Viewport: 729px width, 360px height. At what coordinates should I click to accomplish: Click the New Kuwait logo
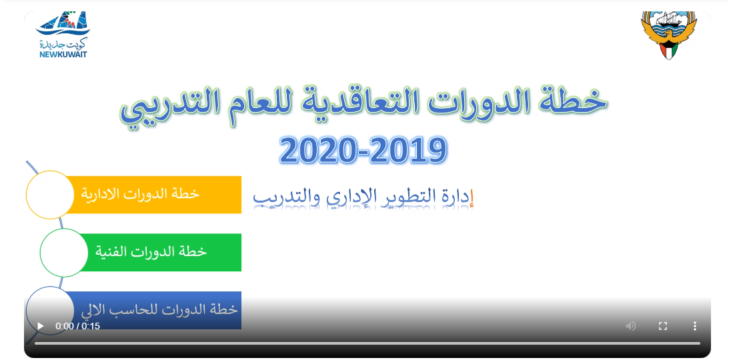pyautogui.click(x=62, y=35)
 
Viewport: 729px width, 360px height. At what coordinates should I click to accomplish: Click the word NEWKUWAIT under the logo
pyautogui.click(x=63, y=54)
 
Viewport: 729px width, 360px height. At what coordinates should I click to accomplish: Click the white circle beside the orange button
pyautogui.click(x=50, y=195)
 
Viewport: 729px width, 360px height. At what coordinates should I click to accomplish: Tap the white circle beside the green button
pyautogui.click(x=64, y=253)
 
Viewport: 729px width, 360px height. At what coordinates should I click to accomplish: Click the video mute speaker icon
pyautogui.click(x=631, y=326)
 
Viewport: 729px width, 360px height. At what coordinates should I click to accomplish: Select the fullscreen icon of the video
pyautogui.click(x=663, y=326)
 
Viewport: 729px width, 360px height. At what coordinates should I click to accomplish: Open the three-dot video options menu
pyautogui.click(x=694, y=326)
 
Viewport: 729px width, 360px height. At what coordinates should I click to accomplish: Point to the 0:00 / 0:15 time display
pyautogui.click(x=77, y=326)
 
